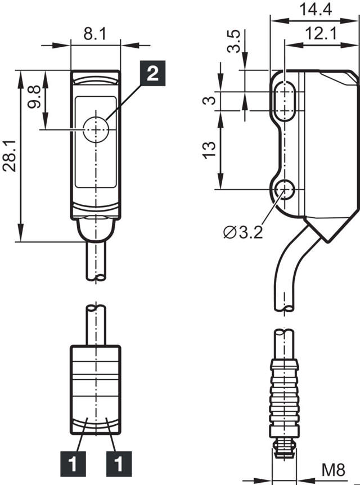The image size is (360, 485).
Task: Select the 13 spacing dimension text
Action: [x=209, y=150]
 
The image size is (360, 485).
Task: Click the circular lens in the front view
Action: [x=96, y=130]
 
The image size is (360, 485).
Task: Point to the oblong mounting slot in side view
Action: [x=287, y=101]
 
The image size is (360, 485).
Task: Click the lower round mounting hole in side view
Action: [x=286, y=190]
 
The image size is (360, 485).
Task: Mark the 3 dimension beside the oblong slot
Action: [x=209, y=101]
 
